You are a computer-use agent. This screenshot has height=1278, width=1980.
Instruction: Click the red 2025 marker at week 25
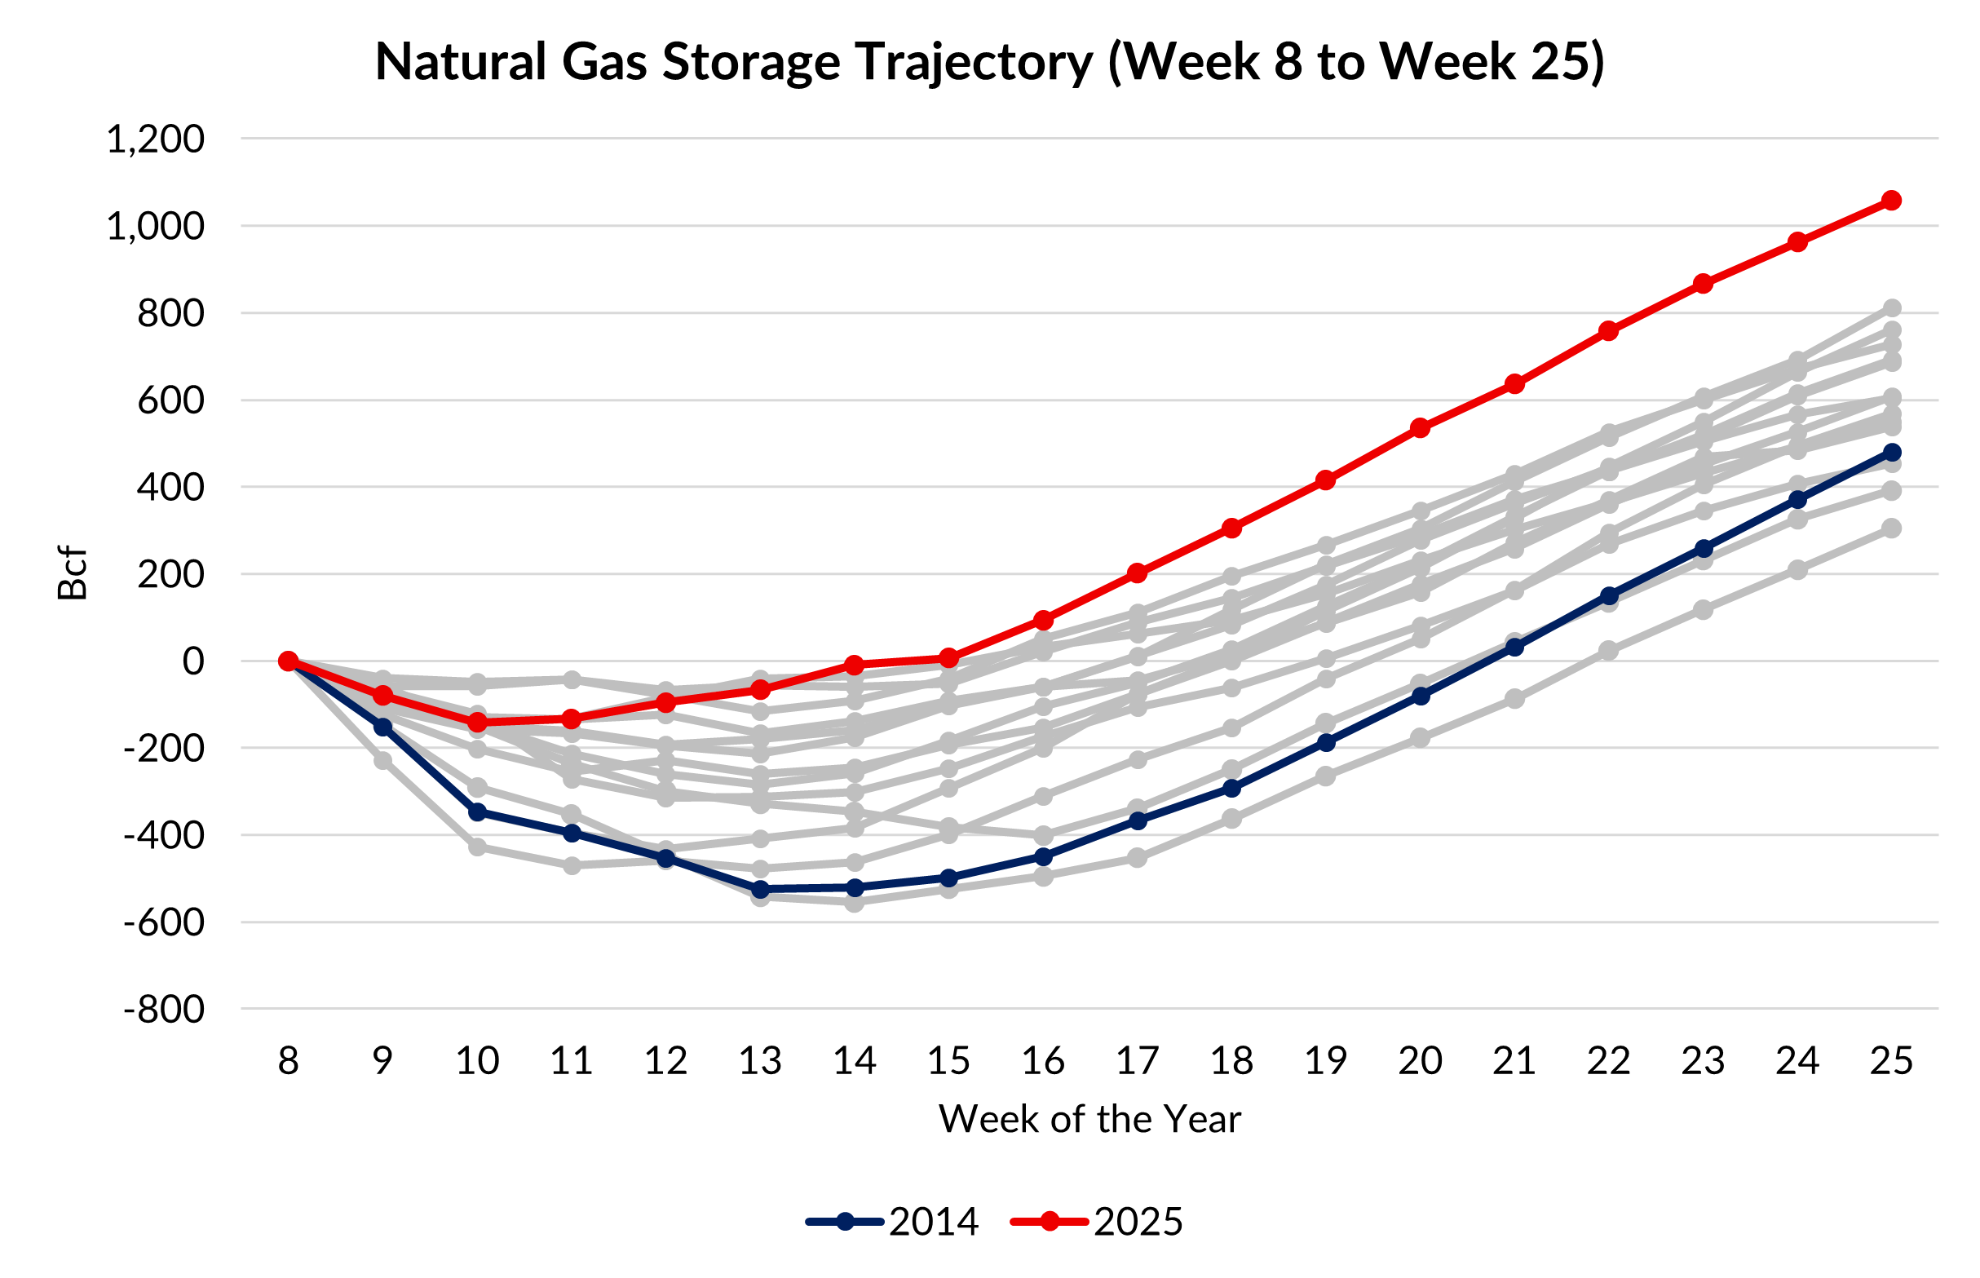tap(1891, 201)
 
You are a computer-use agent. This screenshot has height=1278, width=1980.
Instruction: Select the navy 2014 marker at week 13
tap(760, 890)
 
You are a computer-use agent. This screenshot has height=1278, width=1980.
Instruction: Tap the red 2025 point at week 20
tap(1420, 428)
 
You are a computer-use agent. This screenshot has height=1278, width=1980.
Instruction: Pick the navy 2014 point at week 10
tap(477, 811)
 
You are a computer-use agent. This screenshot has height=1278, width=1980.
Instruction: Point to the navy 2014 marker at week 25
tap(1891, 453)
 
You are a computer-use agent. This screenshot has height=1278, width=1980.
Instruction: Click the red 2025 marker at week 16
tap(1043, 620)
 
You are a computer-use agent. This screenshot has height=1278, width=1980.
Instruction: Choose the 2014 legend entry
tap(893, 1222)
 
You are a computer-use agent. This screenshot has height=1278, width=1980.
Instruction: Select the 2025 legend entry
tap(1097, 1222)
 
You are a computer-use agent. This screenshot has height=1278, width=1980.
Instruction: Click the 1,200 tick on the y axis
tap(155, 139)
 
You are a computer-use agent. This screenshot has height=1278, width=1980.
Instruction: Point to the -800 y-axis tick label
tap(163, 1010)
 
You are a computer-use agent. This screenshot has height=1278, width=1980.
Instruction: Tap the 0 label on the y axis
tap(193, 662)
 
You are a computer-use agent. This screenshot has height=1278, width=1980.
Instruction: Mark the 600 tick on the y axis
tap(170, 400)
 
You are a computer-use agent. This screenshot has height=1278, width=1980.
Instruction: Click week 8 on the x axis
tap(288, 1060)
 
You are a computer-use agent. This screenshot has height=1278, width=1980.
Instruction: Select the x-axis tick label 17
tap(1137, 1060)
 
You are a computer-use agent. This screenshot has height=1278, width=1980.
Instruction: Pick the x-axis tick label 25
tap(1891, 1060)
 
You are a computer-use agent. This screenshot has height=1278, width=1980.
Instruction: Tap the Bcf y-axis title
tap(73, 573)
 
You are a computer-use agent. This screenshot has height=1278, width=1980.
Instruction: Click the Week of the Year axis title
tap(1089, 1120)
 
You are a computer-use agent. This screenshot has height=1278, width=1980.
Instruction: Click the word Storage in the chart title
tap(750, 62)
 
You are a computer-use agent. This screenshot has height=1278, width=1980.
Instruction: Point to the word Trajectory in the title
tap(975, 62)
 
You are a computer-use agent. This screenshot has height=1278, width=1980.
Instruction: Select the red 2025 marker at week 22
tap(1608, 331)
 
